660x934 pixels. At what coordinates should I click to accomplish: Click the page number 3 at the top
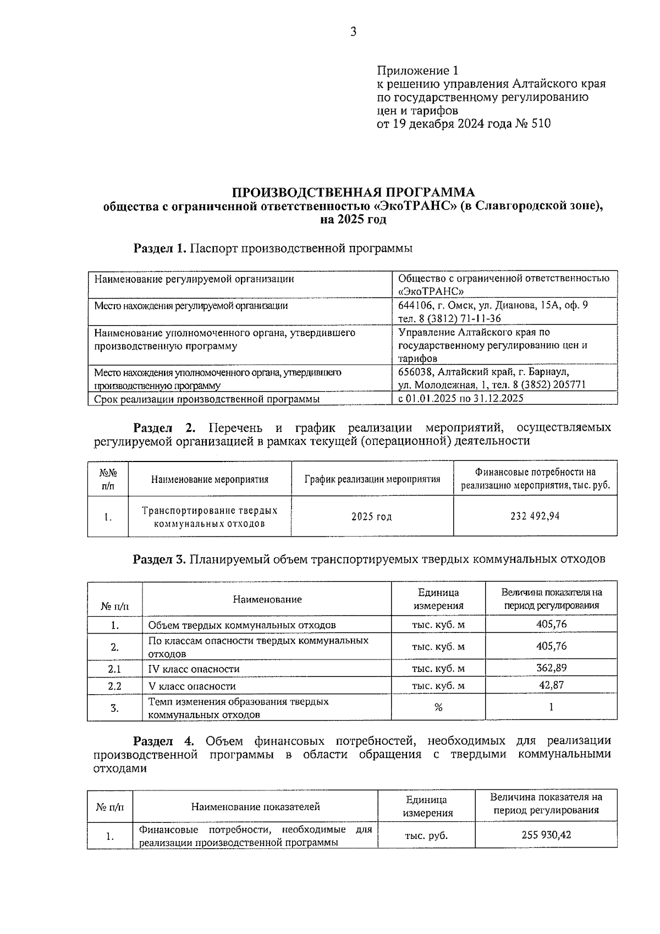click(x=353, y=32)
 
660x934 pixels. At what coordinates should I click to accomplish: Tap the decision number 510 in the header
click(x=541, y=124)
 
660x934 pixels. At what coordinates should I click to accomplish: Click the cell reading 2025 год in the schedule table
click(x=372, y=517)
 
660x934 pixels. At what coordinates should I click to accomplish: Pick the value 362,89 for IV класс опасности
click(x=551, y=668)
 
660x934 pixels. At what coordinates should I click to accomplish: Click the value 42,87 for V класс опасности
click(x=551, y=685)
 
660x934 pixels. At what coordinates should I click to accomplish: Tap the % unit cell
click(x=438, y=707)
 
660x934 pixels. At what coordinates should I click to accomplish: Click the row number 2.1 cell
click(x=114, y=669)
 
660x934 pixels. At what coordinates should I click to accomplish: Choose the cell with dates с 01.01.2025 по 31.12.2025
click(x=460, y=398)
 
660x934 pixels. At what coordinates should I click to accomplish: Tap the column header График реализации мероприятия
click(x=372, y=479)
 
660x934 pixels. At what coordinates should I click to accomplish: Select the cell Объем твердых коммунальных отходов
click(x=242, y=625)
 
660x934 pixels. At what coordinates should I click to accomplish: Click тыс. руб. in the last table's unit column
click(x=426, y=836)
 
